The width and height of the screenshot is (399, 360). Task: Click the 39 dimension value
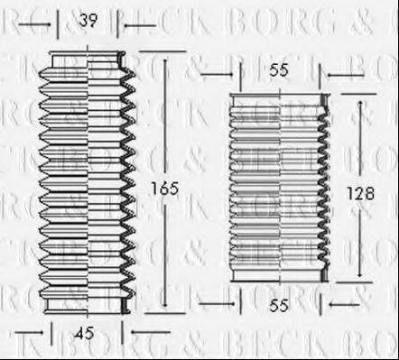click(x=88, y=20)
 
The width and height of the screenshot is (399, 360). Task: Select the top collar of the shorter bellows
click(x=277, y=98)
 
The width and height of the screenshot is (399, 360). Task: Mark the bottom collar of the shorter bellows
click(x=277, y=275)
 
